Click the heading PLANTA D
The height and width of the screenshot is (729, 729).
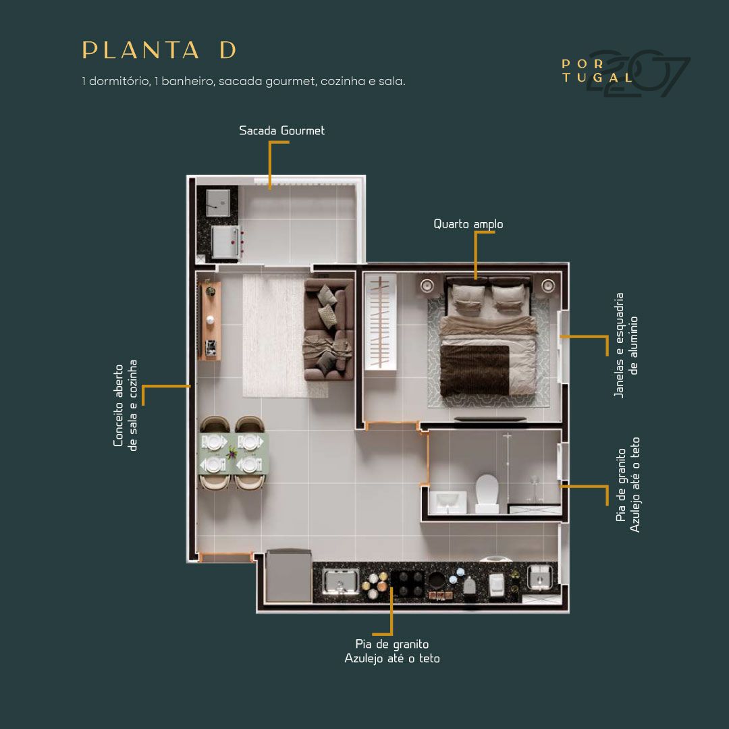point(159,50)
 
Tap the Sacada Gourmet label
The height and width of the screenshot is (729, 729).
point(281,131)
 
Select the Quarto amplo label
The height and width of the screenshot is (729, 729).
point(468,224)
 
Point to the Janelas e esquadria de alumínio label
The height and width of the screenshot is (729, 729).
point(626,345)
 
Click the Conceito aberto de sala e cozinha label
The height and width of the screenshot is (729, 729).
point(126,405)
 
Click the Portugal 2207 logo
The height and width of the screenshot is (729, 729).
point(625,72)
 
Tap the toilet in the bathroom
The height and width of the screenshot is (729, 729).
point(487,493)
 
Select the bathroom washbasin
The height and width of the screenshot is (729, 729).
point(448,502)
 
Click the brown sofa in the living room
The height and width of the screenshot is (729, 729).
point(329,329)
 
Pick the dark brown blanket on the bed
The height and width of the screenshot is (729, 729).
point(475,371)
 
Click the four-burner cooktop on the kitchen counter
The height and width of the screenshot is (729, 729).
point(407,584)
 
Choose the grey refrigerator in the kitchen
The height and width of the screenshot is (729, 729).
point(288,576)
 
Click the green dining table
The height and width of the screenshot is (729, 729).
point(233,454)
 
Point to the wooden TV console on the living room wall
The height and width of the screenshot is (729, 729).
point(210,321)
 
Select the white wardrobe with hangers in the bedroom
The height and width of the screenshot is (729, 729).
point(380,322)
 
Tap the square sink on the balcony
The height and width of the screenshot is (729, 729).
point(218,202)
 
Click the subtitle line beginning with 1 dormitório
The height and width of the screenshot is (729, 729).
point(244,82)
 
